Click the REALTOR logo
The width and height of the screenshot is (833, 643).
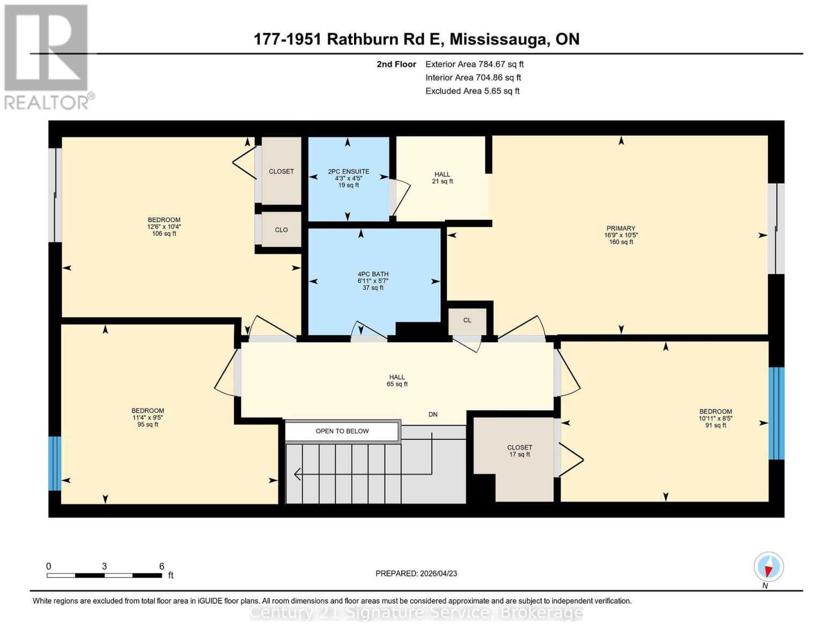(x=49, y=57)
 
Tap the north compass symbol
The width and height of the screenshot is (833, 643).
(x=768, y=567)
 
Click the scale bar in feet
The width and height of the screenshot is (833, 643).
(x=104, y=575)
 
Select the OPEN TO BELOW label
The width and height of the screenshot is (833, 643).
(x=342, y=431)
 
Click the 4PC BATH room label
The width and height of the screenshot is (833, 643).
(x=373, y=281)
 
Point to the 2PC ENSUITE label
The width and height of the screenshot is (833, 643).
(x=349, y=178)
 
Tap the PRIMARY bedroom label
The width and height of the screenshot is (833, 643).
(x=621, y=235)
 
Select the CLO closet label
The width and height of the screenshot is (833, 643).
(x=282, y=230)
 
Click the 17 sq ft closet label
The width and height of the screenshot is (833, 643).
(x=519, y=451)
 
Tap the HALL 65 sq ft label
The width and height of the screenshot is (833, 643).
(x=397, y=380)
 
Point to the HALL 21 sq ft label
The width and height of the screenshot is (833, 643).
(x=443, y=178)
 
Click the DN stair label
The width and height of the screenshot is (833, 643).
(x=433, y=414)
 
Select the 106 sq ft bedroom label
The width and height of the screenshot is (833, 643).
(x=164, y=227)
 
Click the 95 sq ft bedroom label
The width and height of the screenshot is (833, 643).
(x=148, y=417)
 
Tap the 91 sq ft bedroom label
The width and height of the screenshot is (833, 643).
(x=716, y=418)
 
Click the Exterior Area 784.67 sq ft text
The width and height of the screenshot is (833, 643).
(x=474, y=64)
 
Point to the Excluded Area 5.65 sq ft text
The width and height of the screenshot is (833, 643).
(x=472, y=91)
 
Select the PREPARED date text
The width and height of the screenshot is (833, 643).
(x=416, y=573)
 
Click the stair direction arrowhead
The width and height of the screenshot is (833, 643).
(x=297, y=474)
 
